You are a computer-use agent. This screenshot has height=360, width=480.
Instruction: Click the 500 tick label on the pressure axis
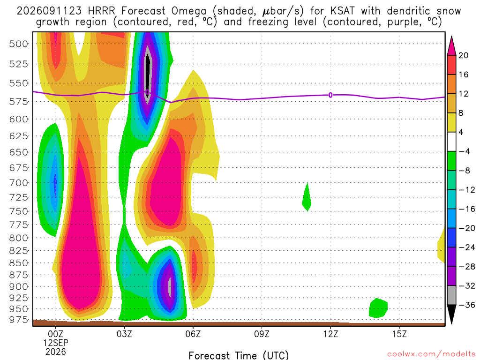tap(18, 44)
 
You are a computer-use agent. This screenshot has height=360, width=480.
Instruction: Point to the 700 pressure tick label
tap(18, 183)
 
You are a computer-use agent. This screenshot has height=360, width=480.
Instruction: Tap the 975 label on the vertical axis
tap(18, 320)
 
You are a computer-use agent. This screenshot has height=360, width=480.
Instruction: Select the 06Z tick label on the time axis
tap(193, 334)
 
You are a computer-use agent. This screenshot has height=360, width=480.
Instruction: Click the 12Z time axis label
tap(330, 334)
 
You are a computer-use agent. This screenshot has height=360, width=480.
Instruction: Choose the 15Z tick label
tap(399, 334)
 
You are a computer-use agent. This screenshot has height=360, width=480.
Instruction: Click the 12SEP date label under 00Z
tap(56, 343)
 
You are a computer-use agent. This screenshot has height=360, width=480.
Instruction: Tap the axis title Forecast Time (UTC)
tap(239, 355)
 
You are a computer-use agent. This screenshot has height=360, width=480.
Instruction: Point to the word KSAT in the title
tap(342, 11)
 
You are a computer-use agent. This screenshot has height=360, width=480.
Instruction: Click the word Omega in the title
tap(188, 11)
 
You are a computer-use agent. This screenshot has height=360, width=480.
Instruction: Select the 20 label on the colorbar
tap(463, 55)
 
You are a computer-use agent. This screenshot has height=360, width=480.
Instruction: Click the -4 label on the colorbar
tap(464, 151)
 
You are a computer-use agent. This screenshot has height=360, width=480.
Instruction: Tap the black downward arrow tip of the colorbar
tap(451, 323)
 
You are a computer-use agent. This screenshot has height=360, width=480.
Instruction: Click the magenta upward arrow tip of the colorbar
tap(451, 37)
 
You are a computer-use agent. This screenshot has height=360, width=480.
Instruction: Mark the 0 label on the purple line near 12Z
tap(330, 95)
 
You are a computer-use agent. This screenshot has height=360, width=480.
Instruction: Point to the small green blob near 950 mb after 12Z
tap(378, 308)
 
